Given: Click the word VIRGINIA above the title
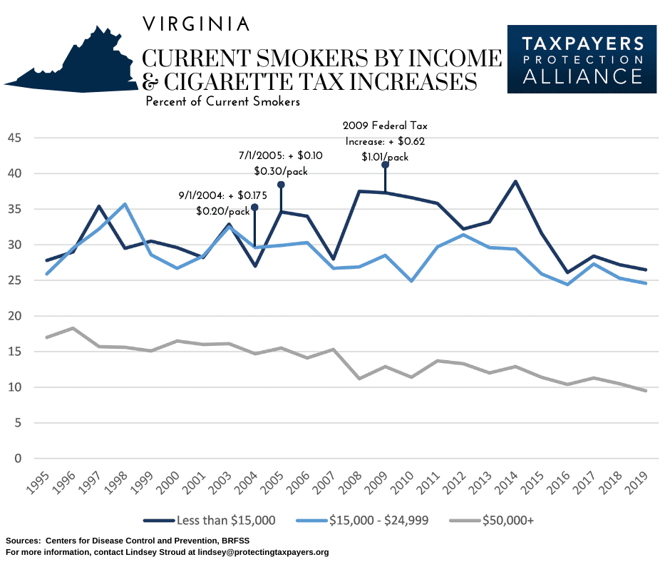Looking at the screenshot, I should coord(196,24).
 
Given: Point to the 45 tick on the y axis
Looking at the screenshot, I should coord(15,138).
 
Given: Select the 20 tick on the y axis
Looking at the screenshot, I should coord(15,316).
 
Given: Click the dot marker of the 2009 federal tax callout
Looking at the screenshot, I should coord(385,165).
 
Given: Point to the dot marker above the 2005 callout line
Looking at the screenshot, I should coord(281,185).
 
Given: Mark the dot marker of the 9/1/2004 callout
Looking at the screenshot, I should coord(254,207).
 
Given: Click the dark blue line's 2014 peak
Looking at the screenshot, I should coord(515,181).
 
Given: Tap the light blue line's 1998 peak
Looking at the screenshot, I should coord(125,204).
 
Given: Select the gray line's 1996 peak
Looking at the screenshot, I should coord(73,328).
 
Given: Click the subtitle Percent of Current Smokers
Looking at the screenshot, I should coord(222,102).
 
